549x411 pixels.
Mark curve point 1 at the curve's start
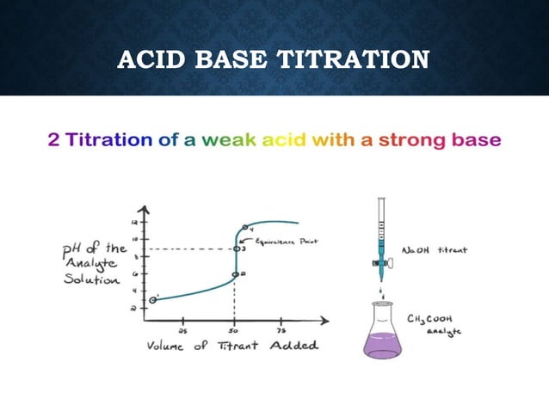(153, 299)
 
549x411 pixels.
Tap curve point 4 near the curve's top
(245, 228)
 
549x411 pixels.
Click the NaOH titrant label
(435, 250)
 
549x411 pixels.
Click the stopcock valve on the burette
(379, 254)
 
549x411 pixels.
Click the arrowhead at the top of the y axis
(145, 209)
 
